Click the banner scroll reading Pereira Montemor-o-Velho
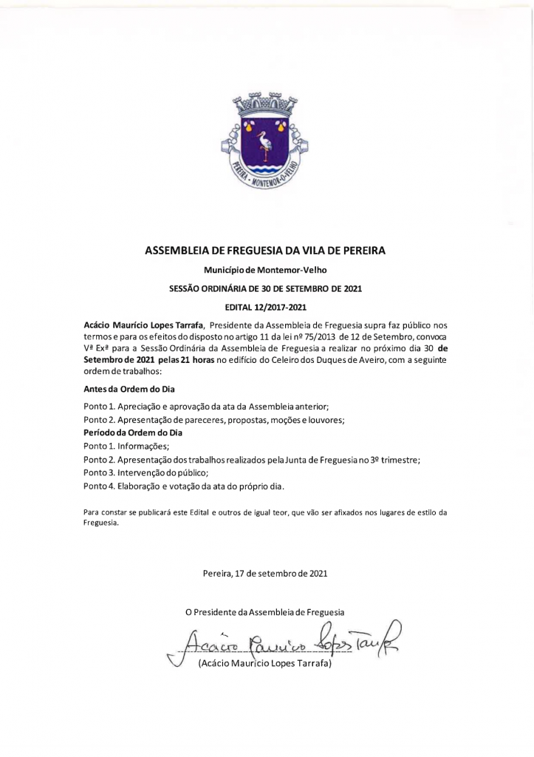(266, 178)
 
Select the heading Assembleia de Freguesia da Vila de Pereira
(266, 251)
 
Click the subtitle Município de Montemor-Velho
(266, 271)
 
